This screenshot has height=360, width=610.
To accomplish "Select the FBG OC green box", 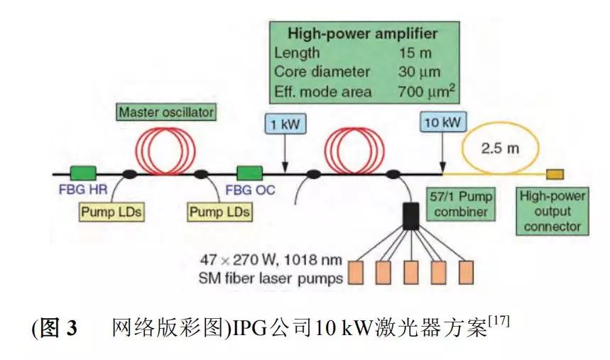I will coord(250,173).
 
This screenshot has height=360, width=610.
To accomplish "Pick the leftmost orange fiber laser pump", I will coord(355,273).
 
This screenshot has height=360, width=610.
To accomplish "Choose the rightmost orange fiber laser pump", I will coord(466,273).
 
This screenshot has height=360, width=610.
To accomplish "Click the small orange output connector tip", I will coord(555,174).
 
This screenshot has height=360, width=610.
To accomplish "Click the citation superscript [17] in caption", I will coord(499,323).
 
